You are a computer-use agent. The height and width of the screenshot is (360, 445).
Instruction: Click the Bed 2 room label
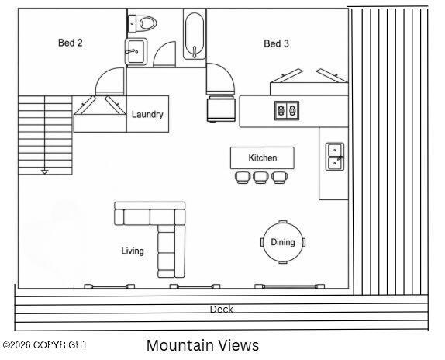[70, 43]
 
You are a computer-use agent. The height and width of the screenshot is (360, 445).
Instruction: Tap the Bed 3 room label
[276, 43]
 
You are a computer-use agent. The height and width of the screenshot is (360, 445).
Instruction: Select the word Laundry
[147, 114]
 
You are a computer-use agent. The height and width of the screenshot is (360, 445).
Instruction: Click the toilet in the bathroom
[142, 23]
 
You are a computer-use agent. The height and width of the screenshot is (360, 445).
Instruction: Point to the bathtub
[195, 36]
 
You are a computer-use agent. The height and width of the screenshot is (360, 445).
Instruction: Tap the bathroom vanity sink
[136, 52]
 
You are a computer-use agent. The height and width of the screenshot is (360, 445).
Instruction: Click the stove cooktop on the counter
[287, 110]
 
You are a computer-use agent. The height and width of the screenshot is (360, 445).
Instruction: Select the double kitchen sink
[335, 157]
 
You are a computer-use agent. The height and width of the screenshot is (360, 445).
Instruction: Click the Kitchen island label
[263, 157]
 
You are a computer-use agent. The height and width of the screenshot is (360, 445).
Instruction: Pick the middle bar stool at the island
[260, 178]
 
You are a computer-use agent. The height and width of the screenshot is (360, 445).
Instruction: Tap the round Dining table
[283, 242]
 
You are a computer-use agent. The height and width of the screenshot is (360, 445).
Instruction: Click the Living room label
[133, 251]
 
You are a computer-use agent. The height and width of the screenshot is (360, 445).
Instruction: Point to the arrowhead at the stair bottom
[44, 171]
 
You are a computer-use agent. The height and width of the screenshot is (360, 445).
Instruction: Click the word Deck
[222, 309]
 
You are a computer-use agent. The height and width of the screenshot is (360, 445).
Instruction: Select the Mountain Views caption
[202, 345]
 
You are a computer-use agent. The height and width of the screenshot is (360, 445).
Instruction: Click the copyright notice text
[44, 345]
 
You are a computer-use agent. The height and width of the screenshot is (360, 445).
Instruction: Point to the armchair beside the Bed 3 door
[221, 109]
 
